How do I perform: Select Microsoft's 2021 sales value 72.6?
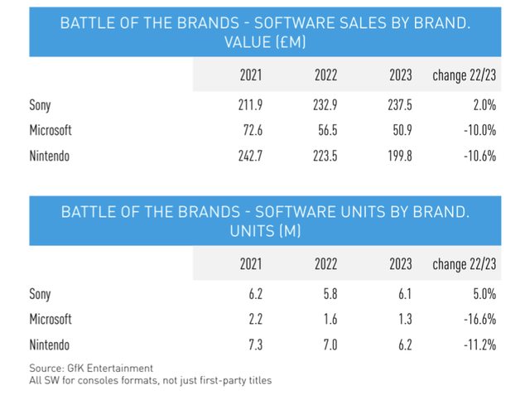point(248,130)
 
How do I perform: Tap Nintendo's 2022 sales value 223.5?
point(325,155)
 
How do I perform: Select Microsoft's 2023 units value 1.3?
point(404,319)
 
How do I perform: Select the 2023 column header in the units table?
point(400,265)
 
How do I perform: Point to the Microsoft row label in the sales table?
point(51,130)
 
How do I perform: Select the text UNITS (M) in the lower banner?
point(265,232)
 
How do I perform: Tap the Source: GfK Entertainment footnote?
point(90,367)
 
